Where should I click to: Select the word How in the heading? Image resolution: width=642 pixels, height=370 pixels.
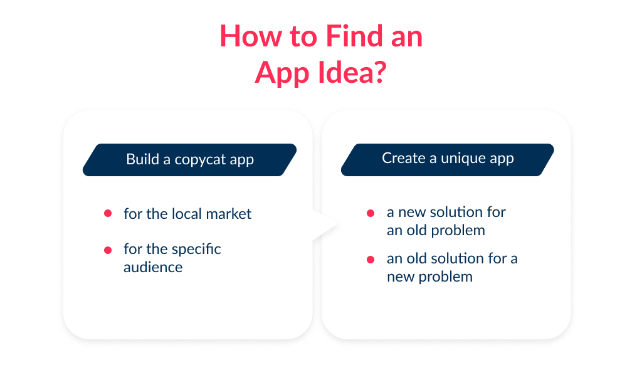coord(247,36)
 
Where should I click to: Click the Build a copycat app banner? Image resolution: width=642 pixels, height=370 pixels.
coord(190,159)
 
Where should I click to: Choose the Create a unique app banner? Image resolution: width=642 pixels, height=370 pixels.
coord(448,159)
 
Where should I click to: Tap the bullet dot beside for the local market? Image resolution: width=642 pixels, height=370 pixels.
coord(108,214)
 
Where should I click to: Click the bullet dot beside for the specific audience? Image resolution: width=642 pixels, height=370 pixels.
coord(108,250)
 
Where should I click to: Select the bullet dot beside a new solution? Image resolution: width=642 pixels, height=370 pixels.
coord(371,213)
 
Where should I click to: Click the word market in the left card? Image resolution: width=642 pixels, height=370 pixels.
coord(228,214)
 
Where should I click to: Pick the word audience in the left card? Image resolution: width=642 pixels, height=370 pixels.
coord(153,267)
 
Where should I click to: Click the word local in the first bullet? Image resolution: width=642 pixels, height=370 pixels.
coord(186,214)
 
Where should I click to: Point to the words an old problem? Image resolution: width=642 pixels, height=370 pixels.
coord(436,230)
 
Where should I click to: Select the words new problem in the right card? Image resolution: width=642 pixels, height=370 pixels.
coord(429,277)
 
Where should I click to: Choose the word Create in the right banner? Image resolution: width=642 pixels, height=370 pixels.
coord(404,159)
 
